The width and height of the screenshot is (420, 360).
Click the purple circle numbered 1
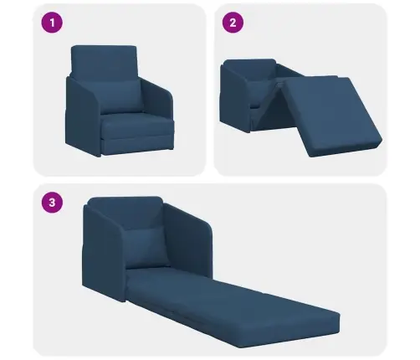click(52, 23)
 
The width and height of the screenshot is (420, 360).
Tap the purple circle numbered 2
click(233, 23)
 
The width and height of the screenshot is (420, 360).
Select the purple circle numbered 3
click(52, 203)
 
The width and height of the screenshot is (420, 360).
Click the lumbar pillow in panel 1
click(120, 97)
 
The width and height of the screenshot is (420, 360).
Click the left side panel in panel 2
click(234, 98)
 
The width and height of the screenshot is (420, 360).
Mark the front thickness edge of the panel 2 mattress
click(346, 148)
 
